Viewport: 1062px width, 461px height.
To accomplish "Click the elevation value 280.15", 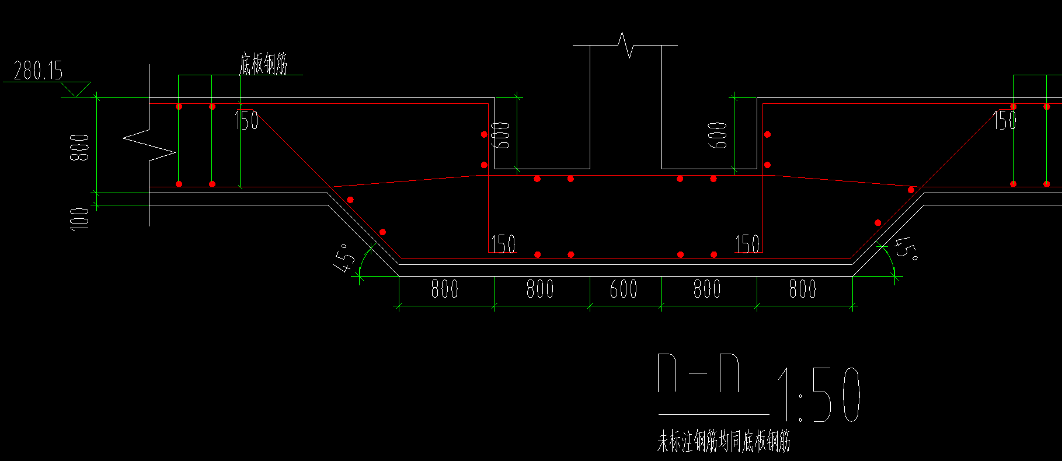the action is [38, 71].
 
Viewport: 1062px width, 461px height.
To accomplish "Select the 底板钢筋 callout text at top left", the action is [263, 64].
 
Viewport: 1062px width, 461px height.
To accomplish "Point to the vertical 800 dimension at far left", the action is [80, 147].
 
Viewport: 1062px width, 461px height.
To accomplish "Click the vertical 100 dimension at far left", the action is [80, 219].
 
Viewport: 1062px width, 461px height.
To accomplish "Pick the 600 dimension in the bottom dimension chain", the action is [624, 289].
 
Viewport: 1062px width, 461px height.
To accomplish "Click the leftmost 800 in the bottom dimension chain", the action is [444, 289].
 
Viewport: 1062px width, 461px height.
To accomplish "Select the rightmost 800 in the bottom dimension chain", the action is [803, 289].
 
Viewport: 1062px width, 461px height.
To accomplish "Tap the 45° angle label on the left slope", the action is [344, 258].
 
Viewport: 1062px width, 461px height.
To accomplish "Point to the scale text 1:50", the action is [819, 394].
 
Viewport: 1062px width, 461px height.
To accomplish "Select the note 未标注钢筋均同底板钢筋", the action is [724, 442].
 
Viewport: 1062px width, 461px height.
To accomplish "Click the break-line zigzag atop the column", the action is [625, 45].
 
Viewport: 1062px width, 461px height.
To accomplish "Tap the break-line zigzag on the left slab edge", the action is [149, 145].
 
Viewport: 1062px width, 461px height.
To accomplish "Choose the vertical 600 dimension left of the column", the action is [502, 135].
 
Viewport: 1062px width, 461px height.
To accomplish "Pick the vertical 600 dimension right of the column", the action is [718, 135].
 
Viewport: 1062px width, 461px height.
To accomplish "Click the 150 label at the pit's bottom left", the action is [503, 244].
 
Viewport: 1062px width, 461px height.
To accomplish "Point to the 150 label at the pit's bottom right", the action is [747, 244].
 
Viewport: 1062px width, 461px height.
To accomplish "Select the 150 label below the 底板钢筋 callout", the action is [246, 120].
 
